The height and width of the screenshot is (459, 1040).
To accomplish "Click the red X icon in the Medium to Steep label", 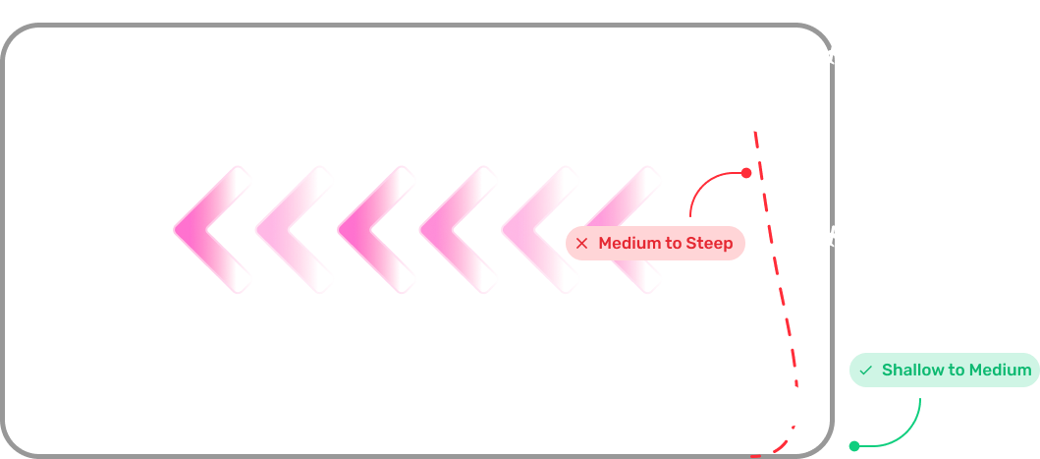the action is tap(581, 244).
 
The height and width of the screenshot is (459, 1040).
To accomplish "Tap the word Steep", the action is tap(709, 244).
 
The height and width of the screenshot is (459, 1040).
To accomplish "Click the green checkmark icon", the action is tap(865, 371).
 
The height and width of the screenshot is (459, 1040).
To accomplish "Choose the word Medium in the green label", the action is tap(1000, 370).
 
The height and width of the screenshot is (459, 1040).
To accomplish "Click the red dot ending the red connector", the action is tap(746, 173).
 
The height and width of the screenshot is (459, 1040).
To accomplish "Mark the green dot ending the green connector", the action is tap(854, 446).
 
